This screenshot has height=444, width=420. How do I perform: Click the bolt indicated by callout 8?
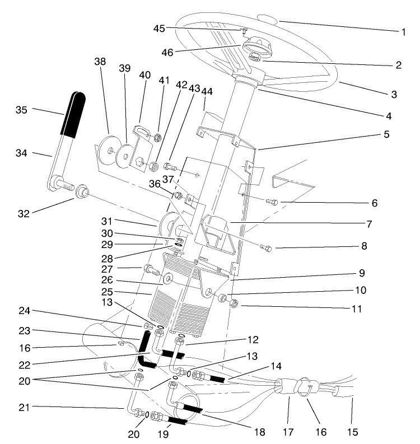[x=266, y=246]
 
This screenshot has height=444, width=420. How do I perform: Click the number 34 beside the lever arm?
[x=22, y=153]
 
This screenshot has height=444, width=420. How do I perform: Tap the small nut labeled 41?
[x=159, y=136]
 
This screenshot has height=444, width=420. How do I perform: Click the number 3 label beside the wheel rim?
[x=394, y=95]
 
